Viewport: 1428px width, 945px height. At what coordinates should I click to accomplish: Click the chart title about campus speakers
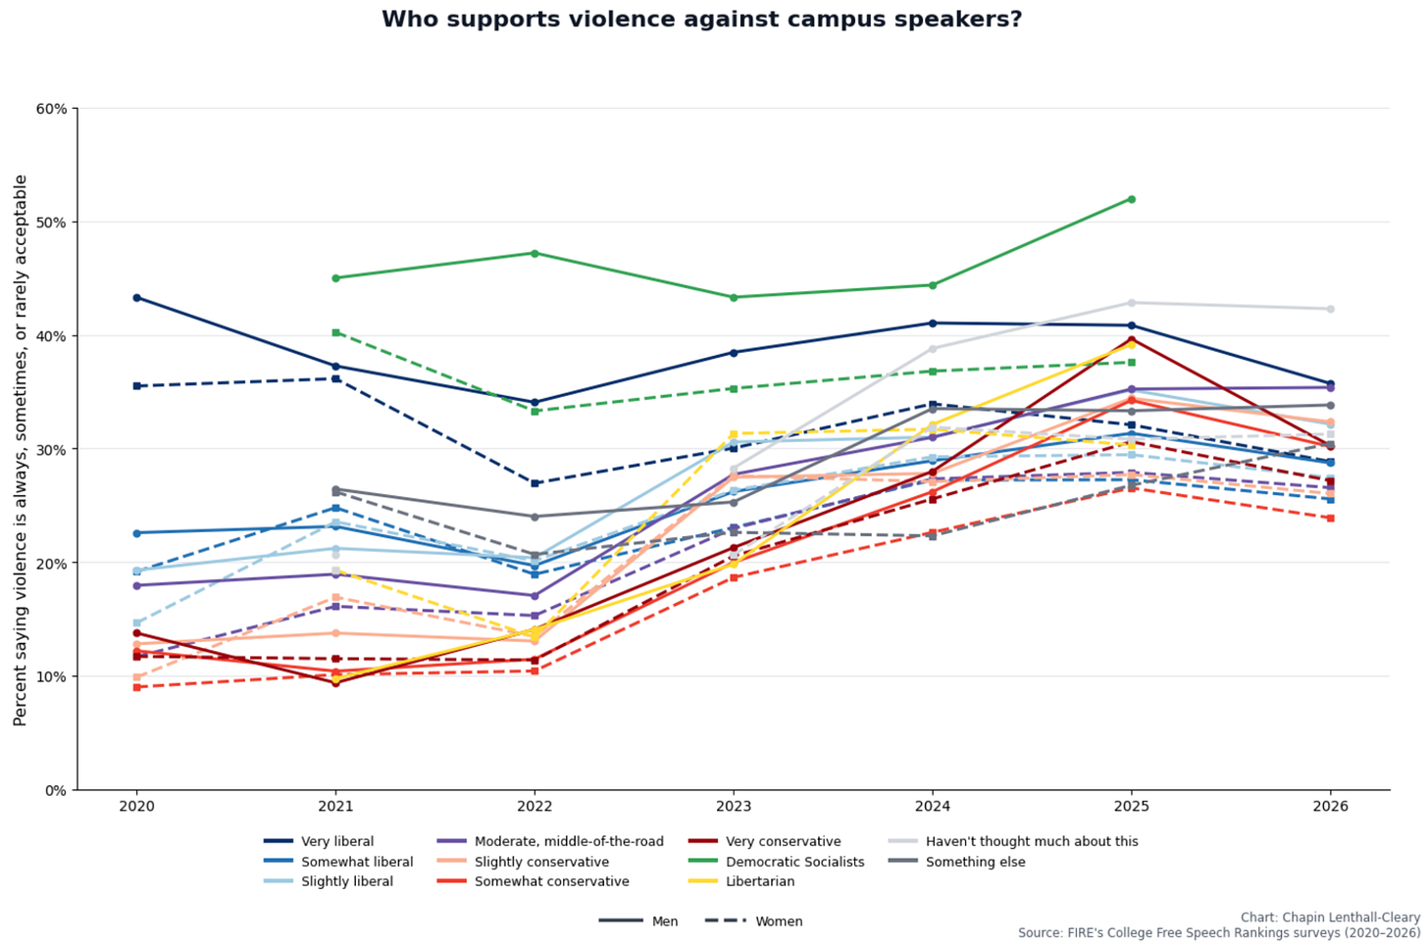702,20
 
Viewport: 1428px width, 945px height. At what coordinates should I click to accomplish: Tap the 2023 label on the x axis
734,806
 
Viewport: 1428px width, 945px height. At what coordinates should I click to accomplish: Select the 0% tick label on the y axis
56,791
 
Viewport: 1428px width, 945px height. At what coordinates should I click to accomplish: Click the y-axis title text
21,450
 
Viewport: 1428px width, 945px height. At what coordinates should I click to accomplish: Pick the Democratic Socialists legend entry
776,862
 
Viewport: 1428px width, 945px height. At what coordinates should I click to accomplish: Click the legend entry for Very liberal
319,841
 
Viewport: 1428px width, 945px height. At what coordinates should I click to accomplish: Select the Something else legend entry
957,862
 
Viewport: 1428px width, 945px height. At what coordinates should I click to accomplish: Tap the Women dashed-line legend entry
753,921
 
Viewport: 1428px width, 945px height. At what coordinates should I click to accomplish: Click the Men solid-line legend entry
638,921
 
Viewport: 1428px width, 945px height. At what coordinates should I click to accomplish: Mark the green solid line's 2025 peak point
1132,199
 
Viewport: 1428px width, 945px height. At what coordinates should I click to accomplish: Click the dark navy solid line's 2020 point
136,298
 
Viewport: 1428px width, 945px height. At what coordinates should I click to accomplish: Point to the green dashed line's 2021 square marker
336,332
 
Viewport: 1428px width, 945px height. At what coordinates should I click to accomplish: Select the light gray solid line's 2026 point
1331,309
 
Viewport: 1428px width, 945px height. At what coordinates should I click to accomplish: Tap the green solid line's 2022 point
535,254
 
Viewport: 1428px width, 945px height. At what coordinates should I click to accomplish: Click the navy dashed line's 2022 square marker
535,483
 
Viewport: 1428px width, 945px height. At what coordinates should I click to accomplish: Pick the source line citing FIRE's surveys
1219,933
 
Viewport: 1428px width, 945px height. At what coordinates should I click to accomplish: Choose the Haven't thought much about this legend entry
1013,841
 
